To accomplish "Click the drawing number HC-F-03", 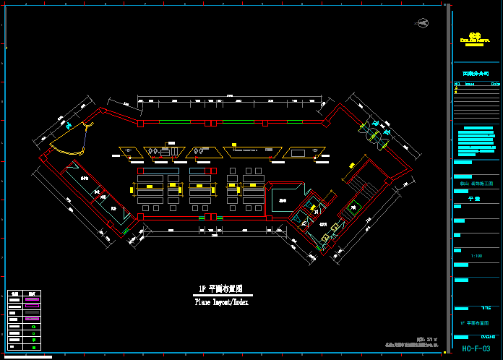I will (x=476, y=349).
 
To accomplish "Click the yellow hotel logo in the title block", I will (x=475, y=37).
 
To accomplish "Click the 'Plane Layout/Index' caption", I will (x=221, y=303).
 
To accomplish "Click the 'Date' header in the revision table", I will (x=495, y=85).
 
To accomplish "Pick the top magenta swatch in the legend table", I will (x=31, y=298).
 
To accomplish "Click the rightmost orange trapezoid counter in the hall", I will (x=298, y=153).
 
